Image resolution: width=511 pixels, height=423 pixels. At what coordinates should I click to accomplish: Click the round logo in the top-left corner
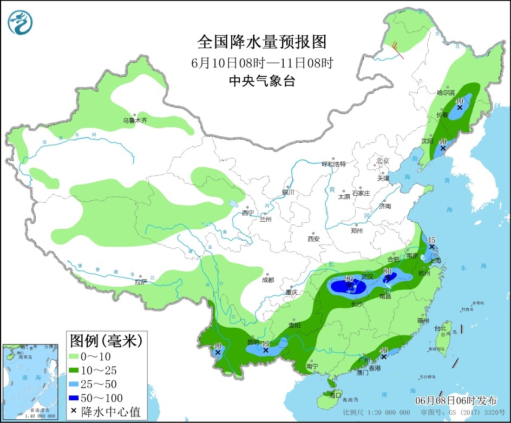21,22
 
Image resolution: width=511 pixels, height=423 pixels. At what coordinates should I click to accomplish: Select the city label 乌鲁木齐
134,121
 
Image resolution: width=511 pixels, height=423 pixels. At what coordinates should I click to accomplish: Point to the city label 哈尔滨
446,94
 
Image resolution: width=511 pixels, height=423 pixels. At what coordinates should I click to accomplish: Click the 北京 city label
383,160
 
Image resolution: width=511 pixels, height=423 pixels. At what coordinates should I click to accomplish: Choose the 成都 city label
267,280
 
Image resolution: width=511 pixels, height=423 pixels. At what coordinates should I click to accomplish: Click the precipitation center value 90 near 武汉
342,279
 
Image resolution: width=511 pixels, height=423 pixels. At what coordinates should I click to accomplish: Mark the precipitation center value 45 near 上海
431,240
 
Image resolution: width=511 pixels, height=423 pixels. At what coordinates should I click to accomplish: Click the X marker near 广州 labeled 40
383,357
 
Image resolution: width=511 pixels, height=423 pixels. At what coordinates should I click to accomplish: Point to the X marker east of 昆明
266,351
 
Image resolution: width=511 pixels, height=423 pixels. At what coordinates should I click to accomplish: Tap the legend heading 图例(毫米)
106,340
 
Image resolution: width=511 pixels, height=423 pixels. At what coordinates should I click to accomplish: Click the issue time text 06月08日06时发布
456,401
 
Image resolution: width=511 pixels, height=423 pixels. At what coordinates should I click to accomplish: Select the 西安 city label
314,239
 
